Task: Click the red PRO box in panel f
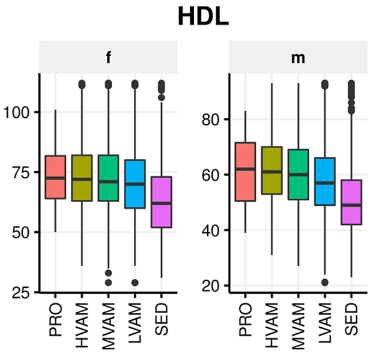[x=55, y=177]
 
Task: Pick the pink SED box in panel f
[x=161, y=202]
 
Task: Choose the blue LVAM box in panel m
[x=325, y=181]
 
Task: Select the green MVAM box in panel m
[x=298, y=175]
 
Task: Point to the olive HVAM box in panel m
[x=271, y=170]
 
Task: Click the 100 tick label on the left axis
[x=19, y=112]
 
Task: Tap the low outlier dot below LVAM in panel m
[x=325, y=283]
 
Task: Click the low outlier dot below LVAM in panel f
[x=135, y=283]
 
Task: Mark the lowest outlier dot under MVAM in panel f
[x=108, y=283]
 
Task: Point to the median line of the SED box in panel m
[x=352, y=206]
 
